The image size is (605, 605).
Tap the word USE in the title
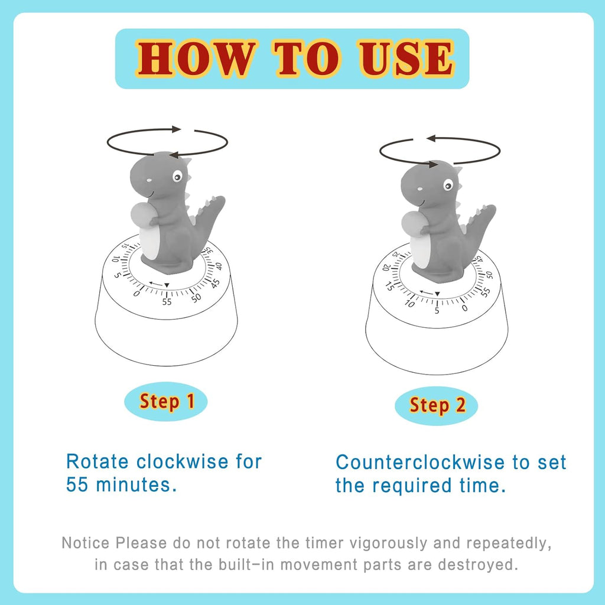(407, 58)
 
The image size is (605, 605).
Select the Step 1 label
(167, 402)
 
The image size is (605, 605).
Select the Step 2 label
(437, 405)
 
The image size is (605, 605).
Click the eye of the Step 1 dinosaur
(177, 176)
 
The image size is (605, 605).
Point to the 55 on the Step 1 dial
(167, 301)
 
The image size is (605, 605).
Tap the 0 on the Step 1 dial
(137, 293)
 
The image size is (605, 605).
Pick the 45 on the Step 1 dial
(216, 266)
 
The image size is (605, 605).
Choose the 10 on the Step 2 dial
(410, 303)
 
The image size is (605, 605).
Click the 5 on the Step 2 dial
(437, 310)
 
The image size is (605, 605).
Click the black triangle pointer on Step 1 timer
(167, 285)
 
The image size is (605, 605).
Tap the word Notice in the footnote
(86, 542)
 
